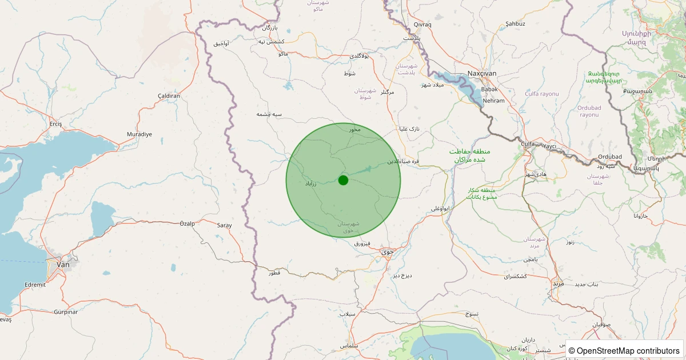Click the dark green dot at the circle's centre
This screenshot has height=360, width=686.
(x=343, y=180)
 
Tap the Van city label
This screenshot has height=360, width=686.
(x=63, y=265)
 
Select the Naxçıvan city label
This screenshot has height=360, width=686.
(x=482, y=74)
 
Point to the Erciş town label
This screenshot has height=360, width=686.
(x=55, y=124)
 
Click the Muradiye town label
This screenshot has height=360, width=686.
(x=139, y=134)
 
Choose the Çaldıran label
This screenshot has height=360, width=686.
(x=169, y=96)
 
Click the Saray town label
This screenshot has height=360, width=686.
(x=224, y=225)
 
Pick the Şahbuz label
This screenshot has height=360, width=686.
(x=515, y=24)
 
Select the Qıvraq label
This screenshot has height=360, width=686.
(x=422, y=24)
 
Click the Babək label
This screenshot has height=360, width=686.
(x=489, y=89)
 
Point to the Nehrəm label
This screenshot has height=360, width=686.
(x=494, y=101)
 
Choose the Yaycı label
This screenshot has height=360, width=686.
(x=549, y=146)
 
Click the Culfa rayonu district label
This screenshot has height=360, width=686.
(x=541, y=93)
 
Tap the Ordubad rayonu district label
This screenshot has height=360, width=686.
(x=589, y=111)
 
